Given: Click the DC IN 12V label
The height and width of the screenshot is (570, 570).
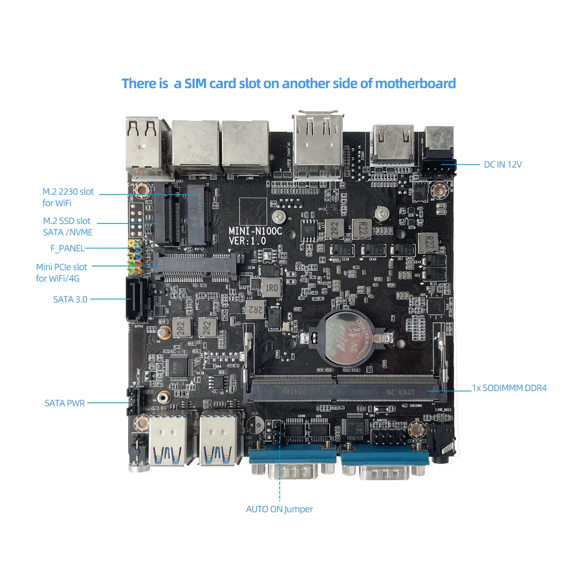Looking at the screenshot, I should tap(502, 165).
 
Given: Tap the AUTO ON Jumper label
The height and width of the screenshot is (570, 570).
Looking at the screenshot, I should tap(279, 509).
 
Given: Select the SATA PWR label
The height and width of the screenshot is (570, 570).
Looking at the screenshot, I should tap(65, 403).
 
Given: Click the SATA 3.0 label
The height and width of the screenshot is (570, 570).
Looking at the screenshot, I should tap(70, 299).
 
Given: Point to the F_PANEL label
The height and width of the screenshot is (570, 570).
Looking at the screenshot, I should tap(67, 249).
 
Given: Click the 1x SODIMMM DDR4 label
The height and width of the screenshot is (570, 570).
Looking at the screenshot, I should tap(509, 388).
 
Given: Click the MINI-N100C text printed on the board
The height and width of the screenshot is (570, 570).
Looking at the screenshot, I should tap(255, 231).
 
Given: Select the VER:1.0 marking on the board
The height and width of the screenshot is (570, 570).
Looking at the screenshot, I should tap(247, 241).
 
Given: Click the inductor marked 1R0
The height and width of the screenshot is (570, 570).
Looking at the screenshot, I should tap(271, 288).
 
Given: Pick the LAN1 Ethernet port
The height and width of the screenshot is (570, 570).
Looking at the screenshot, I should tap(196, 148).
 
